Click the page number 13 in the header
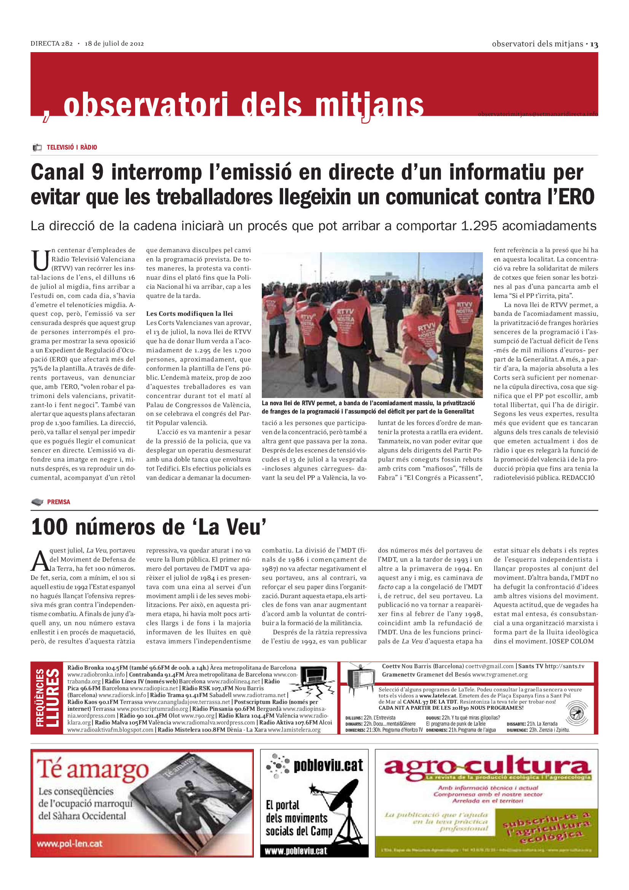tap(594, 45)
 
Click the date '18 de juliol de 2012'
tap(114, 43)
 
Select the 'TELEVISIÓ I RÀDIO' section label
tap(72, 147)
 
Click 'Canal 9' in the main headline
tap(67, 172)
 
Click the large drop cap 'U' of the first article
tap(40, 261)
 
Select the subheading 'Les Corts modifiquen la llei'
tap(189, 314)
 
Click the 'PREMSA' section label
tap(59, 502)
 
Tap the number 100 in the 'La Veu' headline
tap(49, 527)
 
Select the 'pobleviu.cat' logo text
tap(328, 766)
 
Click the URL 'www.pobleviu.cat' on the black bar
tap(296, 851)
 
